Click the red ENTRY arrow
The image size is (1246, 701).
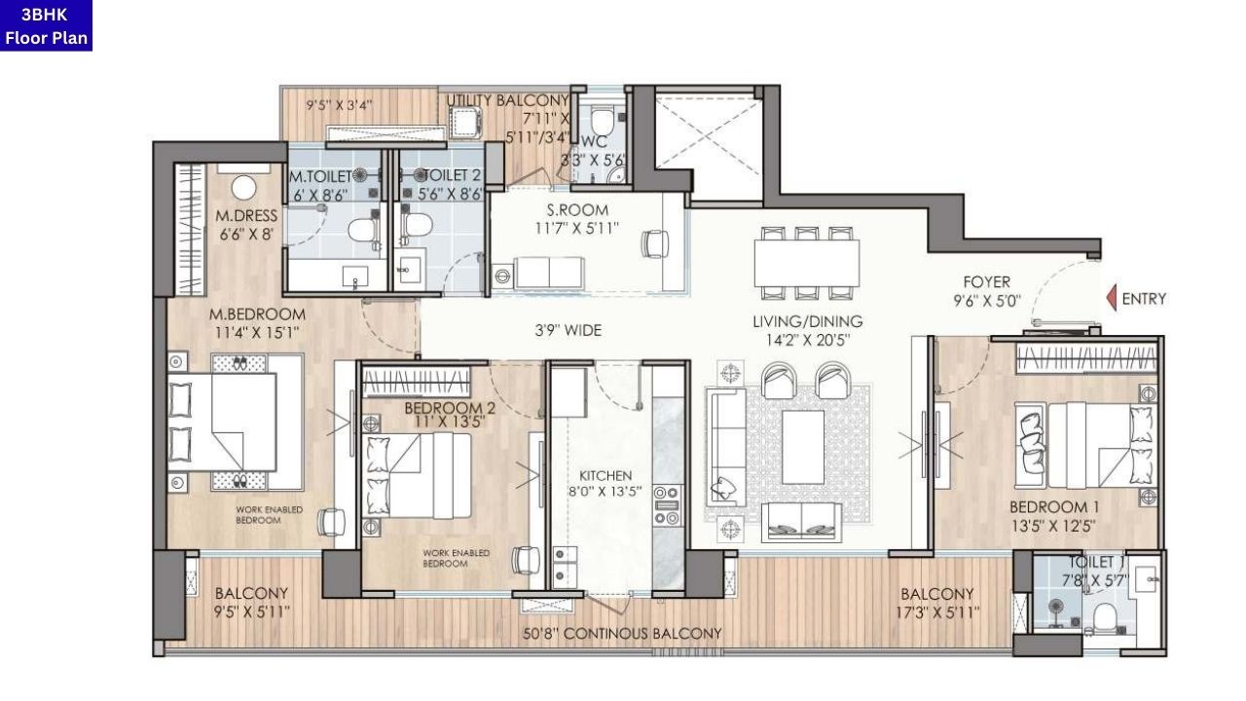click(x=1111, y=299)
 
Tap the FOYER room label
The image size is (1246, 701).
click(x=986, y=291)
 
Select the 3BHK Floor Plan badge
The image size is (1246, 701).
click(x=46, y=25)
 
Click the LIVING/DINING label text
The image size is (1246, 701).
click(x=807, y=330)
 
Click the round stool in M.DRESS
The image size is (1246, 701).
click(x=243, y=187)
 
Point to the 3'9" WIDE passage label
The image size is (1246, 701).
click(x=569, y=331)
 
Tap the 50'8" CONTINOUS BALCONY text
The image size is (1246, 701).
click(x=622, y=634)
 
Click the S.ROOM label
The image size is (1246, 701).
click(x=578, y=219)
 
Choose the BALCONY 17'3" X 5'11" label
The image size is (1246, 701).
click(x=937, y=603)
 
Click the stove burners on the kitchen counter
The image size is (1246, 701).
click(x=667, y=504)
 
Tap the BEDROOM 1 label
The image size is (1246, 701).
click(x=1055, y=516)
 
